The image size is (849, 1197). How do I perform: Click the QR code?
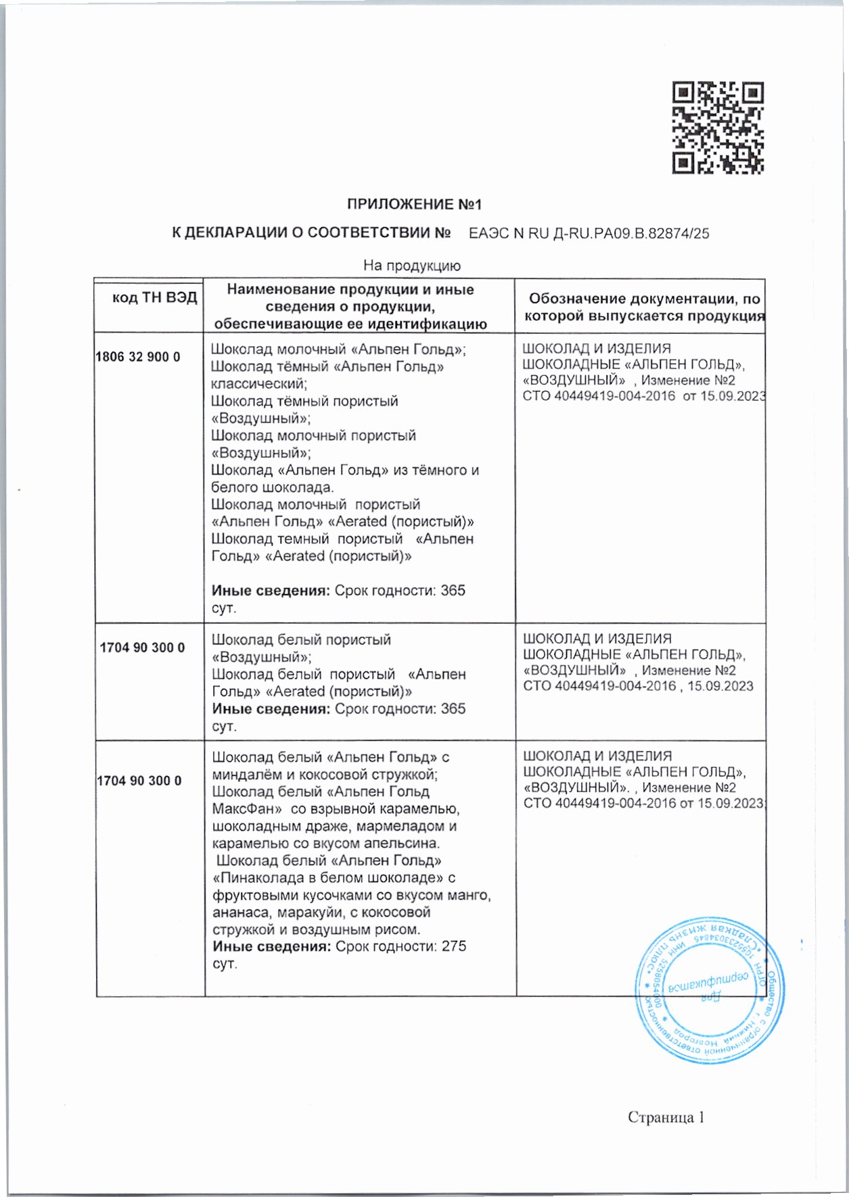point(718,128)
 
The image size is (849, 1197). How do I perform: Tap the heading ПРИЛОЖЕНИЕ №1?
point(414,204)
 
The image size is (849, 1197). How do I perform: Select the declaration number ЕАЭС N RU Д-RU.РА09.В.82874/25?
point(589,234)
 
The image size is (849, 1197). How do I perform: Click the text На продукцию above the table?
point(411,266)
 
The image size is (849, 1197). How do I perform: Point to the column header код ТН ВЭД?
point(154,297)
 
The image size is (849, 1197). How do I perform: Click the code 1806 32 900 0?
point(138,357)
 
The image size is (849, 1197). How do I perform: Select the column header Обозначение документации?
point(644,299)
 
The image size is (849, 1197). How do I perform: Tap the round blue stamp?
point(709,991)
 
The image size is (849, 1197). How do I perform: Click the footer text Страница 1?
point(666,1117)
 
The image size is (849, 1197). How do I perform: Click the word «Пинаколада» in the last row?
point(257,878)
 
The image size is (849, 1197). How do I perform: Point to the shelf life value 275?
point(454,946)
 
